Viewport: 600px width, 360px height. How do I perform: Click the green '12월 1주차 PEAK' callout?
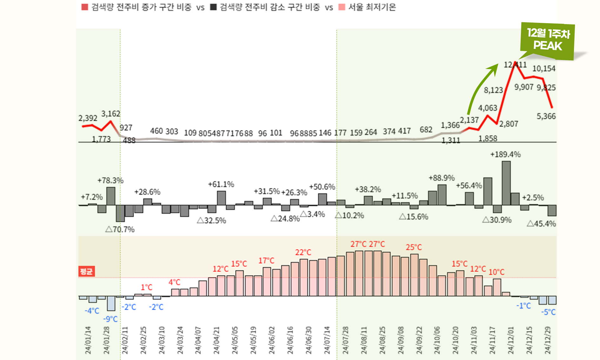pos(548,41)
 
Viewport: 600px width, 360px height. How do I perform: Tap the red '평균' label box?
pos(86,271)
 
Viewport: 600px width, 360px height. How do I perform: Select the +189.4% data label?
pos(505,155)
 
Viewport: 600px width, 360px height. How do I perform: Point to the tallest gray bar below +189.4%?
pos(506,183)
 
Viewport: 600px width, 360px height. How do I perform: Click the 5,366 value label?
pos(546,117)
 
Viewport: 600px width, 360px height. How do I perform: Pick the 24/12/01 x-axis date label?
pos(510,340)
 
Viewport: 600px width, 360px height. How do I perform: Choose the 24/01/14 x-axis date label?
pos(88,340)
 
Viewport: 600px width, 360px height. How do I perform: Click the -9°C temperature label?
pos(110,319)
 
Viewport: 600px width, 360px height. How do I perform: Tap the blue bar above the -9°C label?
pos(111,303)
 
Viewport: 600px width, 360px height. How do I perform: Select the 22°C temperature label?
pos(303,252)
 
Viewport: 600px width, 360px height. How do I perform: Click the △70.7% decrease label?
pos(120,229)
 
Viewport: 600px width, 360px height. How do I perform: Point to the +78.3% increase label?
pos(110,181)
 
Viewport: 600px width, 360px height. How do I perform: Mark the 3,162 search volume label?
pos(110,114)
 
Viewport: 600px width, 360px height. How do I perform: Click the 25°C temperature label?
pos(414,247)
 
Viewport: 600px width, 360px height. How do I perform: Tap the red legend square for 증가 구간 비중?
pos(85,7)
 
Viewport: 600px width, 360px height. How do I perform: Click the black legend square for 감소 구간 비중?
pos(213,7)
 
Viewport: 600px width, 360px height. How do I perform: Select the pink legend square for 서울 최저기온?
pos(342,7)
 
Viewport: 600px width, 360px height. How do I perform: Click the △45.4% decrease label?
pos(541,224)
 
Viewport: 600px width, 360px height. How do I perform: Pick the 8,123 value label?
pos(493,90)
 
